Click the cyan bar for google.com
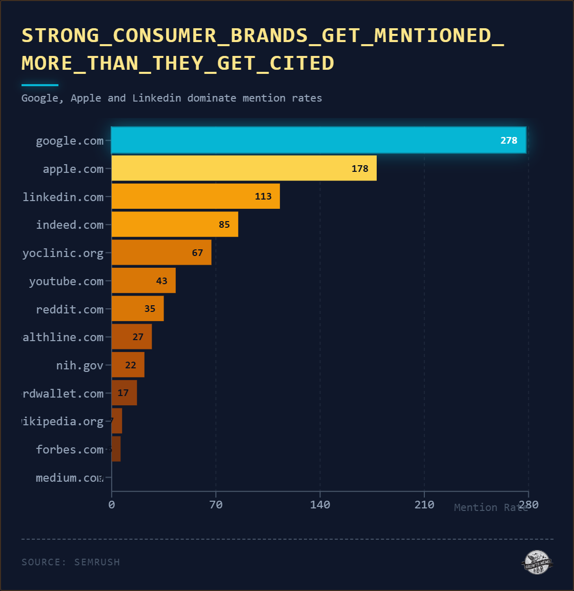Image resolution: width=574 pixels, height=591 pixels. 318,140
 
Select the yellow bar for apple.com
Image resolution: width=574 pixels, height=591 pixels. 243,168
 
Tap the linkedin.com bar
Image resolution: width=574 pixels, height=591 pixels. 195,196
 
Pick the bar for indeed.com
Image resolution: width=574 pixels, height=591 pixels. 174,224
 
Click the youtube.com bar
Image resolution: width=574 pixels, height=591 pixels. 143,281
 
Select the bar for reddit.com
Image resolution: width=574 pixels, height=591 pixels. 137,309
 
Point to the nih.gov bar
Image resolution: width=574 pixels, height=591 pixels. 128,365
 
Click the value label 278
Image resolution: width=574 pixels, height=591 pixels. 508,141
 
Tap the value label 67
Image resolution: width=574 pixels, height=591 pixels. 197,252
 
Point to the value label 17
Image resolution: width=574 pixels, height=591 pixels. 123,393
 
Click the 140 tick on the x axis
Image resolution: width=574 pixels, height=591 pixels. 320,505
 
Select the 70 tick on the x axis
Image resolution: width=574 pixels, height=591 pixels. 216,505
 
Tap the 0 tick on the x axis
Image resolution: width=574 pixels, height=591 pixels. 112,505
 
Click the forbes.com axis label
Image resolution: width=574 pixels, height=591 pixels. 70,450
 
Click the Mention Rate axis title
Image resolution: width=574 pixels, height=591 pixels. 490,507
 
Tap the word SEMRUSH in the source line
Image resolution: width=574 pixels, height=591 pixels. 97,562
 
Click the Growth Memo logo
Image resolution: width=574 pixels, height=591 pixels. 537,562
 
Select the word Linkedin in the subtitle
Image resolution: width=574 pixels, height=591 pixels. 156,98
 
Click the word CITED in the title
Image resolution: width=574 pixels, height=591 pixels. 301,63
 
